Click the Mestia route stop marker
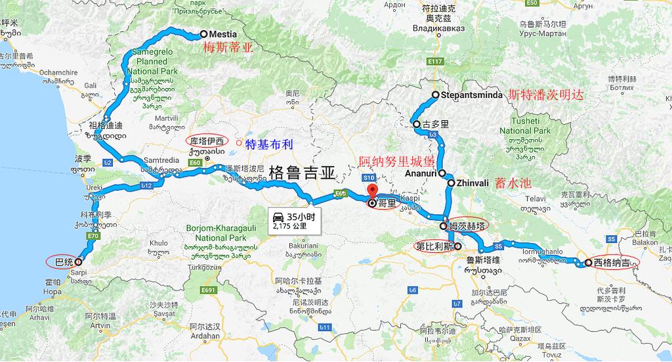pyautogui.click(x=203, y=34)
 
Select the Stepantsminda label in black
pyautogui.click(x=472, y=95)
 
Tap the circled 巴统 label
pyautogui.click(x=64, y=261)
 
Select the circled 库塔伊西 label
pyautogui.click(x=206, y=141)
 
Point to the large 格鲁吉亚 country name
pyautogui.click(x=302, y=173)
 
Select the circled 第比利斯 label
pyautogui.click(x=434, y=247)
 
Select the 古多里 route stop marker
pyautogui.click(x=417, y=124)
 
